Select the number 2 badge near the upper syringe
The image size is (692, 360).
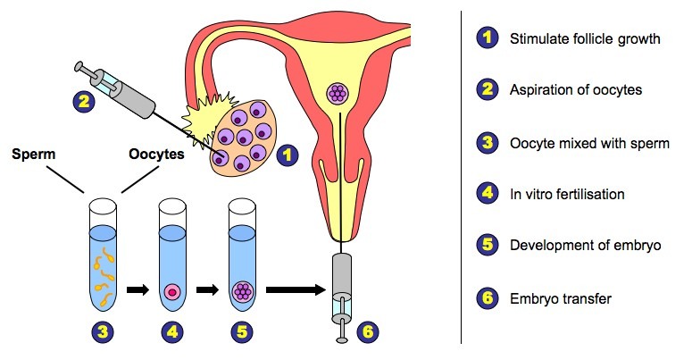click(83, 101)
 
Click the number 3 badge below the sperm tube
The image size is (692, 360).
click(104, 333)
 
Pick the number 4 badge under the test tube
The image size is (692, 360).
click(171, 333)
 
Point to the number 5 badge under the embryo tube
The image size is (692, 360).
click(240, 333)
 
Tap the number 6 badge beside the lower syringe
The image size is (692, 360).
click(369, 331)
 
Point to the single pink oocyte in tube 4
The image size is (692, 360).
click(171, 291)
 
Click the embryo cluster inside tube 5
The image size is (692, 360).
click(240, 290)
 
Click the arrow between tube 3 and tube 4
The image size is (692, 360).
click(138, 289)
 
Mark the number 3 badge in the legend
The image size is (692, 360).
click(486, 142)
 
